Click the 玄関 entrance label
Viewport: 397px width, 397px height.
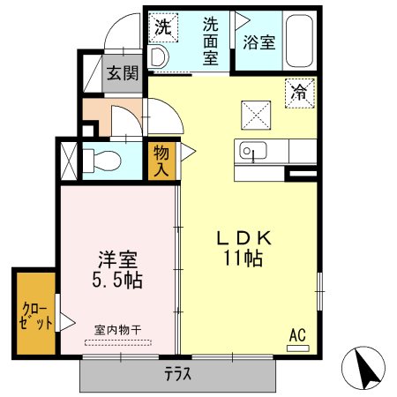pos(123,74)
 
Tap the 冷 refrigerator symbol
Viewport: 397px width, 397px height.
pos(301,92)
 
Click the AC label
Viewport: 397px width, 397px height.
pos(297,334)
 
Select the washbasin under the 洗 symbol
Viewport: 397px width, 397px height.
pos(159,56)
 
